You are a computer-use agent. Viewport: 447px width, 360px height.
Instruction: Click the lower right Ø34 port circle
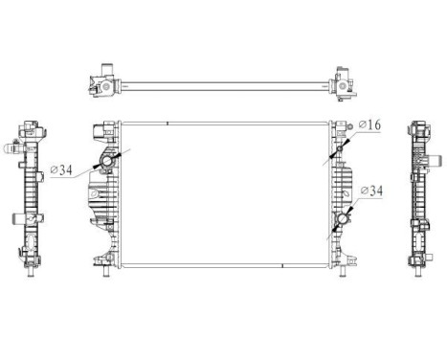342,222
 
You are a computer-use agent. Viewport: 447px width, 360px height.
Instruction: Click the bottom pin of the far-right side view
419,272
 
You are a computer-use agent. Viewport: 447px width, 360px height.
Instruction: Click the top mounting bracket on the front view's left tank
103,128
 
